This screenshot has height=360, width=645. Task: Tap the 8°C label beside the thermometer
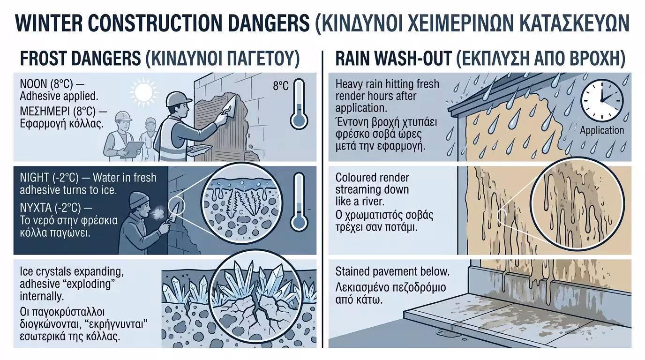pos(280,86)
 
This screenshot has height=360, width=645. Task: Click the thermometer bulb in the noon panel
pos(299,120)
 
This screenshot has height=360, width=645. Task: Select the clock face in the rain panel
pos(602,100)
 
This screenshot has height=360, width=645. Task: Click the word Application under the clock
pos(602,130)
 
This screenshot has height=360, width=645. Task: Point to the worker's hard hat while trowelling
pos(179,99)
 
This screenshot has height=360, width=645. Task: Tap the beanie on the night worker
pos(139,200)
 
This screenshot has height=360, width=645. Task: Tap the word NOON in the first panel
pos(33,84)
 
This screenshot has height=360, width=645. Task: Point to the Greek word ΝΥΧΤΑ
pos(36,207)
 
